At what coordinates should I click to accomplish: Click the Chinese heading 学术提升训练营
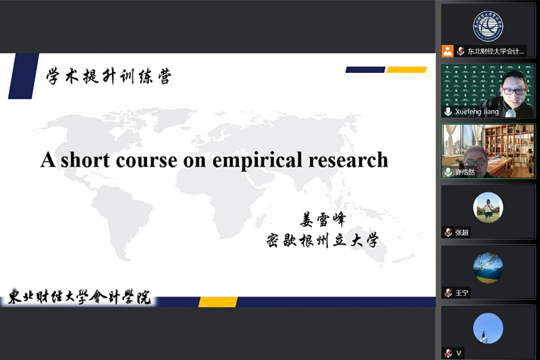108,76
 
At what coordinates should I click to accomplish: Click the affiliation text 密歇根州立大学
323,240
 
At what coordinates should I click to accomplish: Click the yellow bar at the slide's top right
406,70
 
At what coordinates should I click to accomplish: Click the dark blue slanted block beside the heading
23,76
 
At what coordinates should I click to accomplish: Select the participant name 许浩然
466,172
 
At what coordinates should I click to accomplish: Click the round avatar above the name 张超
487,207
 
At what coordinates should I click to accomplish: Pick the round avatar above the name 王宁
487,267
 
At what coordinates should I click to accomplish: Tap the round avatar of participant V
487,328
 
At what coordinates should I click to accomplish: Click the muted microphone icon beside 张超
448,232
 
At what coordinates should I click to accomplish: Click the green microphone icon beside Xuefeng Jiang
448,111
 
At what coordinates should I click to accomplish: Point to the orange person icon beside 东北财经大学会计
448,51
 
